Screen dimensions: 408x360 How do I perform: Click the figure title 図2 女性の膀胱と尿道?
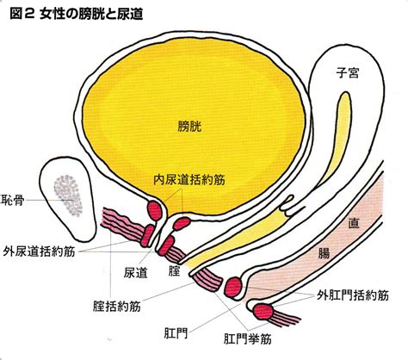[x=77, y=14]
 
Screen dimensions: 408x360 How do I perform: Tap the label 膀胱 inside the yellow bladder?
[x=189, y=127]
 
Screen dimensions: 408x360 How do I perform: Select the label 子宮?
[x=348, y=72]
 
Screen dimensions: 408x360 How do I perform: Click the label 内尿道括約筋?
[x=189, y=180]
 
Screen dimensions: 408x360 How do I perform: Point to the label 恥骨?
[x=13, y=200]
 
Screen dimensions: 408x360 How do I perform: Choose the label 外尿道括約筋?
[x=39, y=251]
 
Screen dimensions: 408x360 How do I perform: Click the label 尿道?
[x=135, y=273]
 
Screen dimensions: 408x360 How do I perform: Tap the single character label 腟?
[x=174, y=270]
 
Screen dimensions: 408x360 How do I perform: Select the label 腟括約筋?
[x=117, y=307]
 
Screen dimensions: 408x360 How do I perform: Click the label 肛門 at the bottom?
[x=176, y=333]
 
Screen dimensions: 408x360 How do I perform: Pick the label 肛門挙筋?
[x=247, y=339]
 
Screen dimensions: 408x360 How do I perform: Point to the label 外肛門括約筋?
[x=353, y=295]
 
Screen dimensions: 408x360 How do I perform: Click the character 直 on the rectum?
[x=354, y=223]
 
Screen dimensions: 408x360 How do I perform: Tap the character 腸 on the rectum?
[x=324, y=253]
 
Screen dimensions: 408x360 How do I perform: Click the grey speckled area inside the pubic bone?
[x=68, y=196]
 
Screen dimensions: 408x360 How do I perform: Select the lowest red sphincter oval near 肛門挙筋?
[x=263, y=312]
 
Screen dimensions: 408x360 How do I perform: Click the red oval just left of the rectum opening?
[x=233, y=287]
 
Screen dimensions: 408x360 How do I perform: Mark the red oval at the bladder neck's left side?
[x=155, y=211]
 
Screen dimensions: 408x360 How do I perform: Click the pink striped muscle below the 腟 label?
[x=207, y=279]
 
